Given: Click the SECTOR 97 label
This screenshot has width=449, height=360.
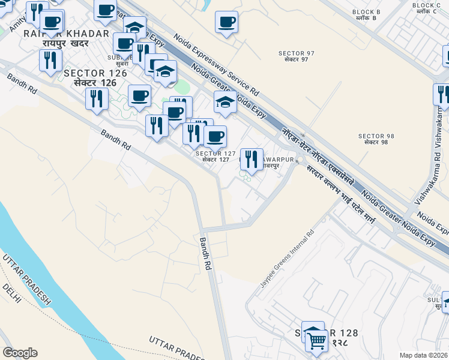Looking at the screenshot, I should tap(293, 53).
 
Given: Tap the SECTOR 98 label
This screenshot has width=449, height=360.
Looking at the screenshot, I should tap(373, 136).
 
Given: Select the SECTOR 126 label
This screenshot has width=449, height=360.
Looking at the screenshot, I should tap(95, 73).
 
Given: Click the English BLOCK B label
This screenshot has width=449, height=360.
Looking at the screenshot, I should tap(366, 12).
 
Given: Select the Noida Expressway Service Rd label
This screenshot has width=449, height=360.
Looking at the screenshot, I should tap(216, 65).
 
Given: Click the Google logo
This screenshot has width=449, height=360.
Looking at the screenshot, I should tap(20, 353).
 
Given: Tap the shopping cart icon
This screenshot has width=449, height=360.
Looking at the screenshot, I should tap(316, 340).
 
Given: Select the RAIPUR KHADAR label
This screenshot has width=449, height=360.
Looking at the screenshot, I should tap(66, 34).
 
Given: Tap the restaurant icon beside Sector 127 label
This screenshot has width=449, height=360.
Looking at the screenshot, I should tap(252, 159).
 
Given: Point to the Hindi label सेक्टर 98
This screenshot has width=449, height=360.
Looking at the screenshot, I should tap(373, 143).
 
